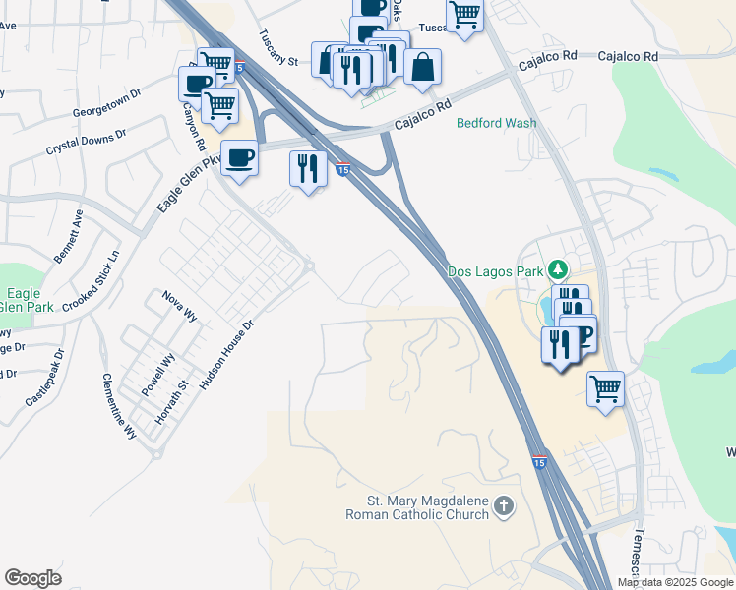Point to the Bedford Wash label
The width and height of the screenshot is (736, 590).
[497, 123]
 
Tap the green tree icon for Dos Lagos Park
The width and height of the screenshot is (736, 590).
[558, 269]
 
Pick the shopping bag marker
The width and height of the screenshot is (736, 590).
[422, 68]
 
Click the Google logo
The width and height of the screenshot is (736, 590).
[33, 578]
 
